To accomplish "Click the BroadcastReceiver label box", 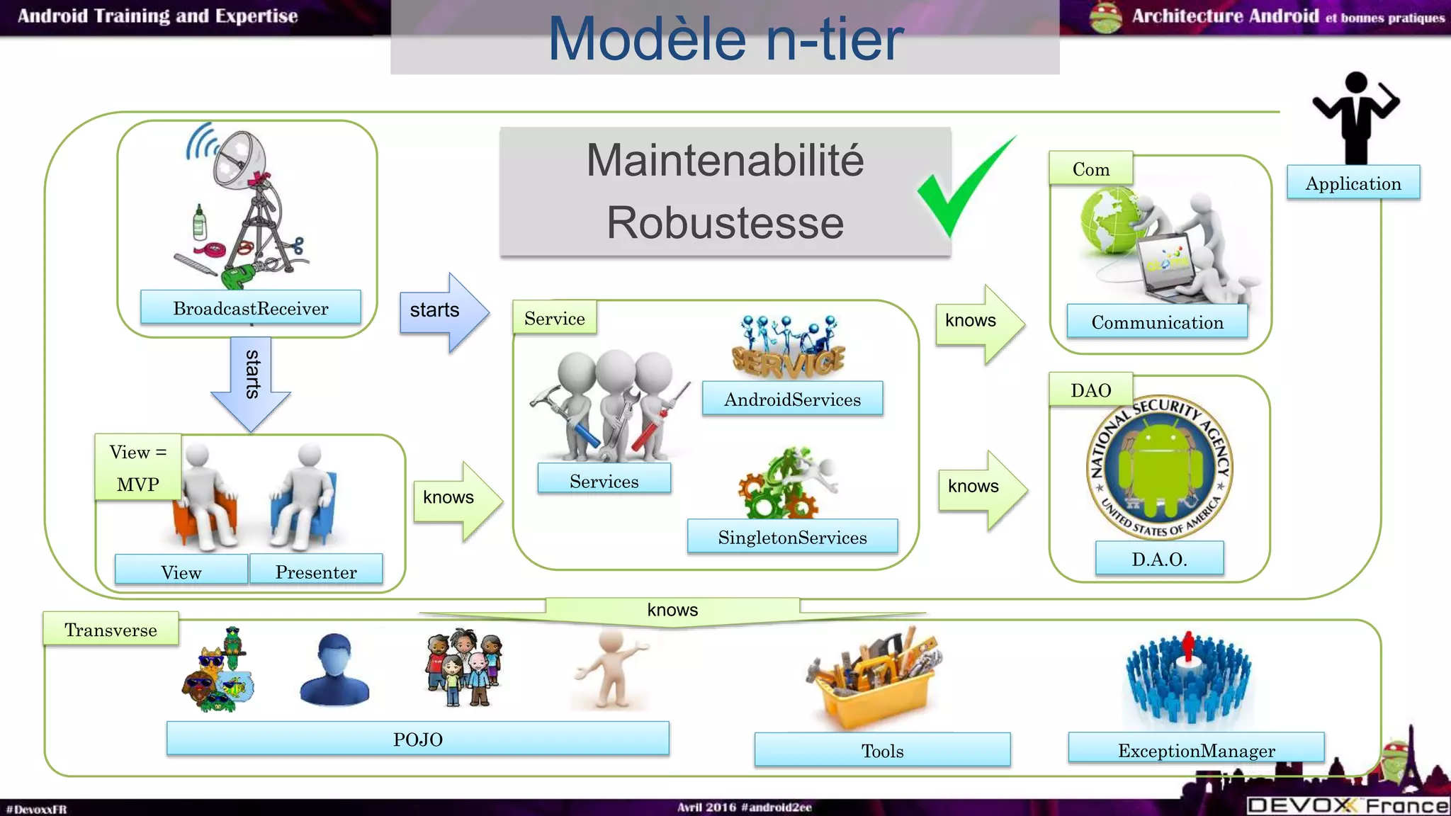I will [x=250, y=307].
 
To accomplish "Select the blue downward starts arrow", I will [x=251, y=382].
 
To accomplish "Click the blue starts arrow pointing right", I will [x=443, y=311].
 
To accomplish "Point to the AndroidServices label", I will [x=792, y=399].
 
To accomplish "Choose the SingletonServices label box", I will [x=792, y=537].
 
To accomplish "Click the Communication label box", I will [x=1157, y=322].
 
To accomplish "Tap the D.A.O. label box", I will [x=1159, y=558].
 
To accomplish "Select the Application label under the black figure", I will [x=1353, y=183].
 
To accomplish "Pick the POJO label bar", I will [x=417, y=739].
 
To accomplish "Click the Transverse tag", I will [x=111, y=629].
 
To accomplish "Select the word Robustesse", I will [x=725, y=222].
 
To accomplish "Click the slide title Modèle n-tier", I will [x=725, y=38].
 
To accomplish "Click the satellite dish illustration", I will [x=241, y=205].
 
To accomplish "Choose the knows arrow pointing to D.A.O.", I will [x=981, y=489].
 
